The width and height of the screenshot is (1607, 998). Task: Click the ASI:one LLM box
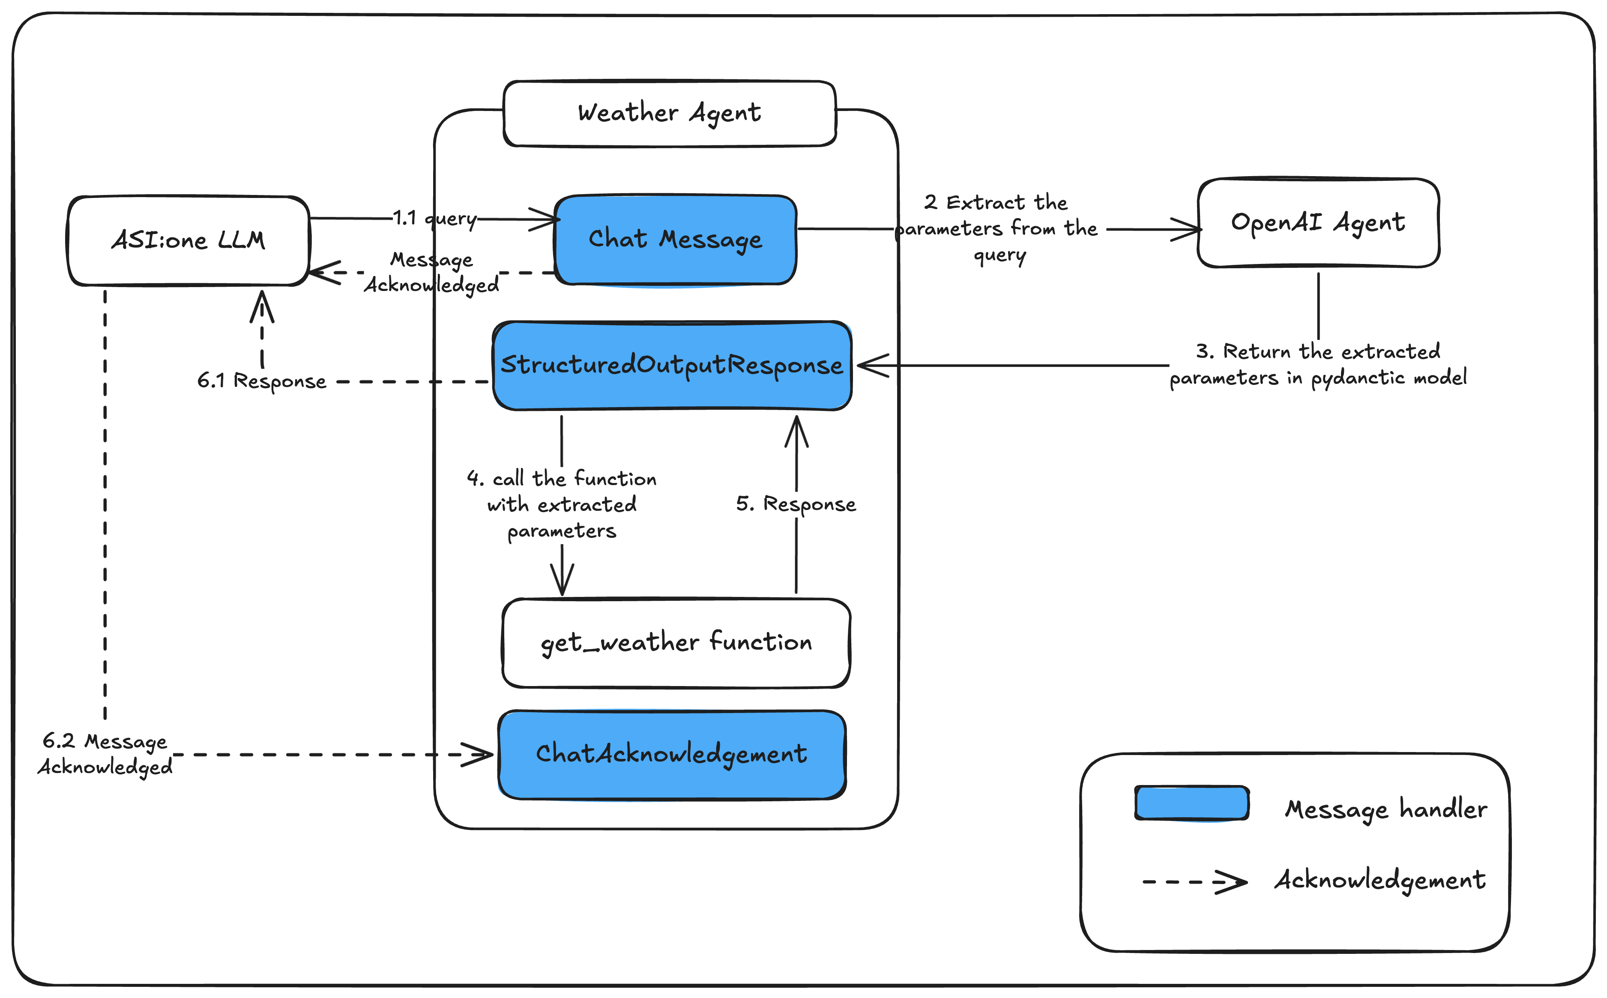pyautogui.click(x=188, y=240)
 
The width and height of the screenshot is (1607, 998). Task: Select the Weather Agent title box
pyautogui.click(x=669, y=114)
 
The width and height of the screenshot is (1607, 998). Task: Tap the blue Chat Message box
pyautogui.click(x=675, y=240)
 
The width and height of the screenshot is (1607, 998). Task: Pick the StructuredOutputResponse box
pyautogui.click(x=672, y=366)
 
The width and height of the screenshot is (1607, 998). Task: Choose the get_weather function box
pyautogui.click(x=676, y=643)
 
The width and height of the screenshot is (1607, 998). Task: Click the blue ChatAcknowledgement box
pyautogui.click(x=671, y=755)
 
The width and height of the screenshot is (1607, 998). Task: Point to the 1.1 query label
pyautogui.click(x=434, y=218)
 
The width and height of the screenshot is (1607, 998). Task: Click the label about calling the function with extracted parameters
pyautogui.click(x=562, y=504)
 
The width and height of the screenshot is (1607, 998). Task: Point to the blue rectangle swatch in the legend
pyautogui.click(x=1191, y=803)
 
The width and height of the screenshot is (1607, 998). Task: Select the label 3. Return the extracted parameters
pyautogui.click(x=1317, y=364)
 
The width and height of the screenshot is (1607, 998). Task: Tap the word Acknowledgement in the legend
pyautogui.click(x=1380, y=880)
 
